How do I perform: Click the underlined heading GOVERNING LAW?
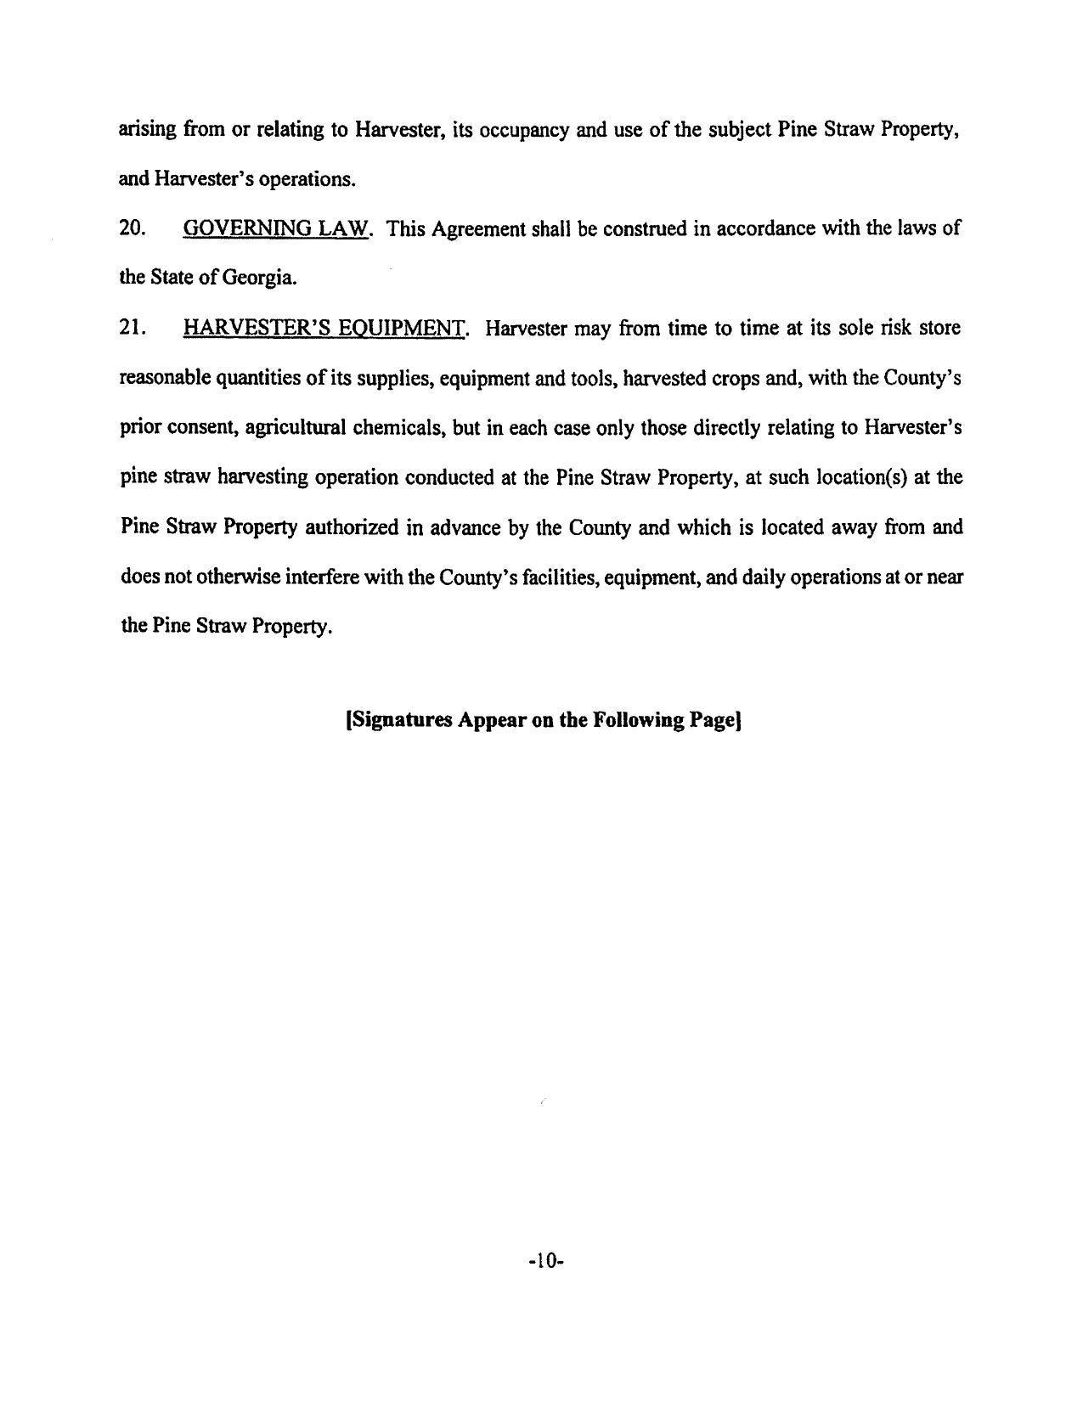click(276, 228)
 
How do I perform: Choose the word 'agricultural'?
click(295, 427)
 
